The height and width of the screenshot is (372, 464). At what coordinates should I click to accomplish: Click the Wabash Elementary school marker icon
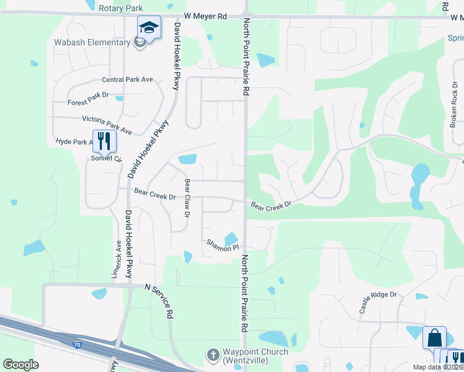point(149,28)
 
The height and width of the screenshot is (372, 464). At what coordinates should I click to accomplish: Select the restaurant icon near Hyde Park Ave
point(104,141)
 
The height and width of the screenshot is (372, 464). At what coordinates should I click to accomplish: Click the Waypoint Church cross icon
point(212,355)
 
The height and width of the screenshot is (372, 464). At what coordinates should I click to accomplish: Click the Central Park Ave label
point(127,80)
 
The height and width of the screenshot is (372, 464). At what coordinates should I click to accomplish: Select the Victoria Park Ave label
point(107,125)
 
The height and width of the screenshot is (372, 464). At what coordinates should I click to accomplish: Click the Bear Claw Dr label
point(187,198)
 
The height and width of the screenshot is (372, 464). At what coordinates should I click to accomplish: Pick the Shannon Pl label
point(223,245)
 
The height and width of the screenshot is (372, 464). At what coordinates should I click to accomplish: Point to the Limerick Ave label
point(117,260)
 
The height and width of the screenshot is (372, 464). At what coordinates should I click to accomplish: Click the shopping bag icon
point(434,339)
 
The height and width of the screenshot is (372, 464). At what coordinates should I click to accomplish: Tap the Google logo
point(20,365)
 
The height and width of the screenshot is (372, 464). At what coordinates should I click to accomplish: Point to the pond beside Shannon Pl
point(231,239)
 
